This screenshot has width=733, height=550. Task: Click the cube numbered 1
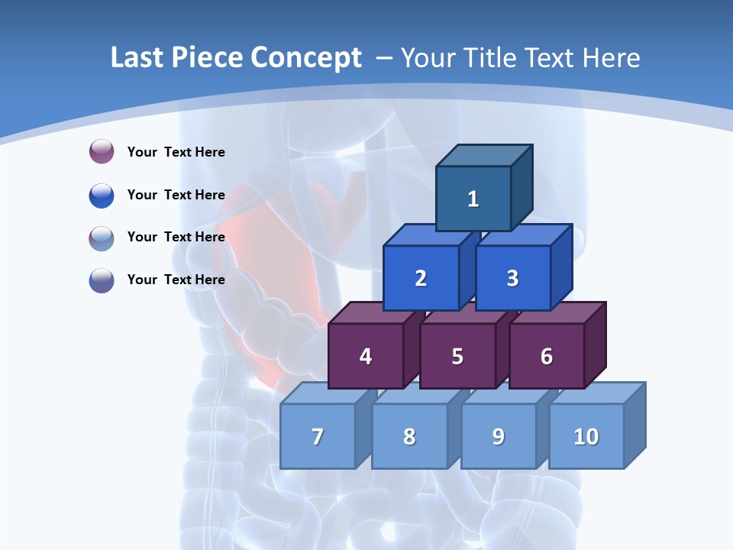(x=473, y=199)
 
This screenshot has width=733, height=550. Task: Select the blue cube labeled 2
(x=421, y=278)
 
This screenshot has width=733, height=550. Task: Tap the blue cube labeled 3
(x=512, y=278)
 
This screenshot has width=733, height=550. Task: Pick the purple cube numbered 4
(x=366, y=356)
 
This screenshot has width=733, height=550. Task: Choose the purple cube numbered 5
(x=457, y=356)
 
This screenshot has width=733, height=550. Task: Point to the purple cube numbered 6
(x=547, y=356)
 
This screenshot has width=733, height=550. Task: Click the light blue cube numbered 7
(x=318, y=436)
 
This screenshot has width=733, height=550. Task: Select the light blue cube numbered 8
(x=409, y=436)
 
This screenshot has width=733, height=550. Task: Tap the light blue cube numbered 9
(x=499, y=436)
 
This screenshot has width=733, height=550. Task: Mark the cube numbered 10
(x=586, y=436)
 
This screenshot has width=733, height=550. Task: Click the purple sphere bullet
(x=102, y=151)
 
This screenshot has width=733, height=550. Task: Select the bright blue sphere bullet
(x=102, y=195)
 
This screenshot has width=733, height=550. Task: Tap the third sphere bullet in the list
(x=102, y=238)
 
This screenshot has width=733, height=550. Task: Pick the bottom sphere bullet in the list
(x=102, y=280)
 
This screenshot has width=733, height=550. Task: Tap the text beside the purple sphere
(x=176, y=152)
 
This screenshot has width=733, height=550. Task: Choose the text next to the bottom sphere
(x=176, y=280)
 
